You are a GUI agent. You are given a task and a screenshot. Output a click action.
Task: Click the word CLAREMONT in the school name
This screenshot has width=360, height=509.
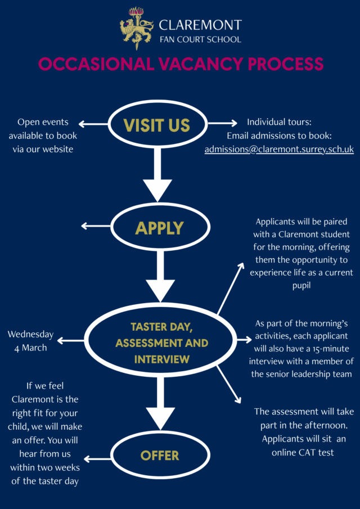click(x=200, y=25)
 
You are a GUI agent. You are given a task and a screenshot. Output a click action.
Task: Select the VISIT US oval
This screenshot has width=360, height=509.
click(x=156, y=124)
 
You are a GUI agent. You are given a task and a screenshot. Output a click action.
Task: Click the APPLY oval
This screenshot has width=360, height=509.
click(x=160, y=227)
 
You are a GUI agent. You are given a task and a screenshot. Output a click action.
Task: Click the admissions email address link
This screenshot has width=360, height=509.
click(x=279, y=150)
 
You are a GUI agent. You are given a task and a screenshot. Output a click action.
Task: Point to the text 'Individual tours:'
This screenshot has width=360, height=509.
click(x=279, y=122)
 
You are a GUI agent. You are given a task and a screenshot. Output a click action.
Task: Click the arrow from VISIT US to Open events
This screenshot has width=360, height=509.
click(x=93, y=124)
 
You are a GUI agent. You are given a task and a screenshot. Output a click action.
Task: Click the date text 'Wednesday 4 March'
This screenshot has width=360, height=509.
click(x=30, y=341)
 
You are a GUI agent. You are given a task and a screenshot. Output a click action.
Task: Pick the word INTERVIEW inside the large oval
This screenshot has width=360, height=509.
click(x=161, y=358)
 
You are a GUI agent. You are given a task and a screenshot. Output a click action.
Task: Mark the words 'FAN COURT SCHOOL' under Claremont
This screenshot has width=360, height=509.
click(x=200, y=39)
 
